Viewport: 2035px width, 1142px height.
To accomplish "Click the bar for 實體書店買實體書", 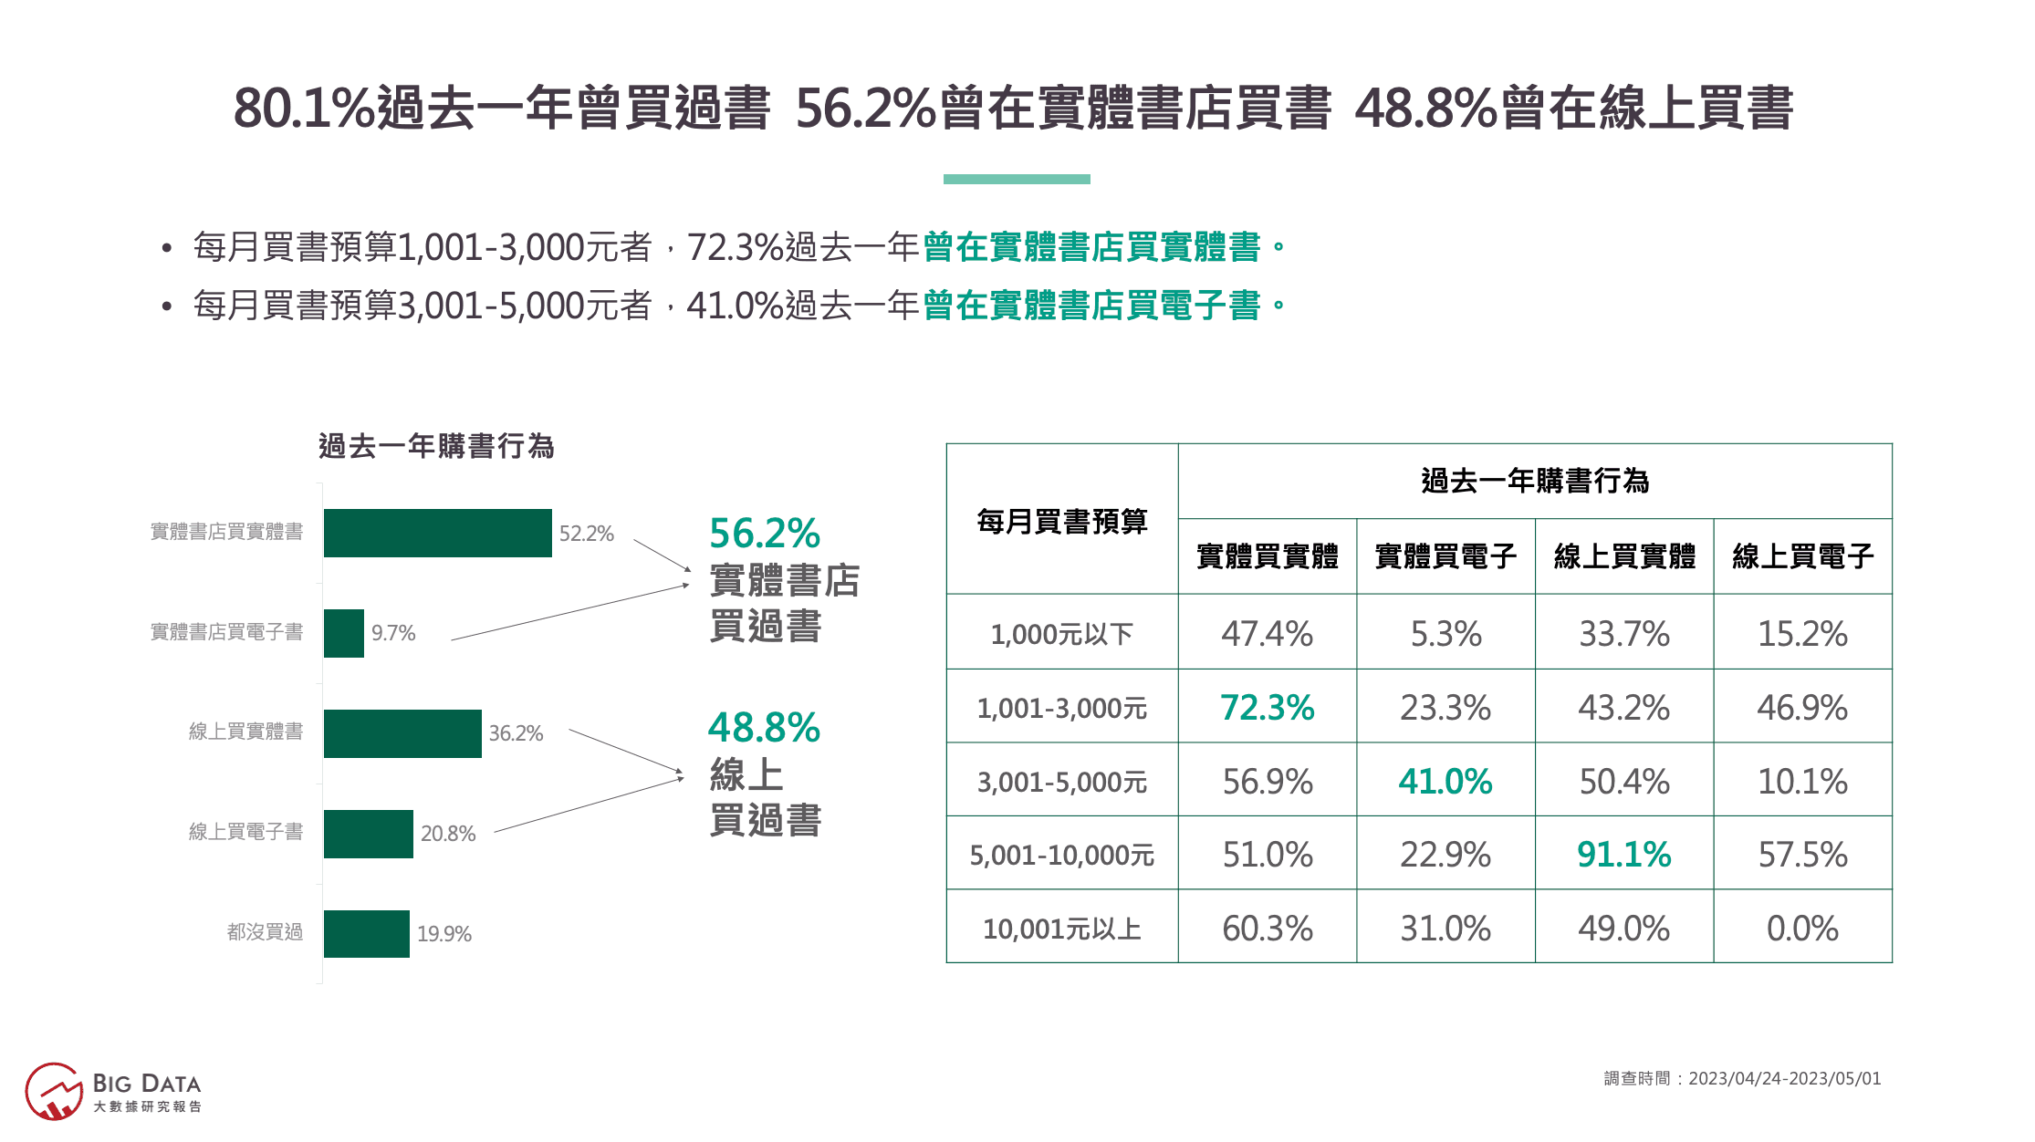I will (x=437, y=533).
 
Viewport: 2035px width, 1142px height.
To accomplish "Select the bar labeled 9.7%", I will (x=343, y=633).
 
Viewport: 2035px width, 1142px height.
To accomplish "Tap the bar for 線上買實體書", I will (x=402, y=733).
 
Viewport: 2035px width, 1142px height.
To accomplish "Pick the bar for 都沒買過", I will (x=366, y=933).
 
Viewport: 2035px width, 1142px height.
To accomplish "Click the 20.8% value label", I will (x=448, y=834).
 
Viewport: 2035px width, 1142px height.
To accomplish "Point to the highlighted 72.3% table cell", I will (x=1267, y=708).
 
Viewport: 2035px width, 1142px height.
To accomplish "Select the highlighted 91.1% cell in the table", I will (x=1623, y=855).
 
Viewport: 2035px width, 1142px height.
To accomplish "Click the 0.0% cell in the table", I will (x=1802, y=929).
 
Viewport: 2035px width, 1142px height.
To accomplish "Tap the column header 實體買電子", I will (x=1445, y=556).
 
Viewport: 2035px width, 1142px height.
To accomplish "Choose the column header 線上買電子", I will (x=1802, y=556).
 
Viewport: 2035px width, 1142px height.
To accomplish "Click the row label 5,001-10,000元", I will (x=1061, y=856).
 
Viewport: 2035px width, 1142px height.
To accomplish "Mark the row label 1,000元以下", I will (x=1061, y=634).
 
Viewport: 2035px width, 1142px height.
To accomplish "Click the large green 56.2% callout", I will (x=765, y=534).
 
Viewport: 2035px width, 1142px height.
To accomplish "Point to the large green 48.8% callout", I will (x=764, y=728).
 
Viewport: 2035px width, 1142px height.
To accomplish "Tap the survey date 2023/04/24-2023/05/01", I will (x=1784, y=1079).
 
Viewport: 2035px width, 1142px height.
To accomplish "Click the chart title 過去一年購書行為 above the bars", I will (x=436, y=447).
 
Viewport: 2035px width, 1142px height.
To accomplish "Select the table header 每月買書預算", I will (x=1061, y=522).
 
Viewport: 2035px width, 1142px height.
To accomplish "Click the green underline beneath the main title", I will (x=1017, y=180).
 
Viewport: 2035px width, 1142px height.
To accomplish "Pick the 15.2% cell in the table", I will (x=1802, y=634).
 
